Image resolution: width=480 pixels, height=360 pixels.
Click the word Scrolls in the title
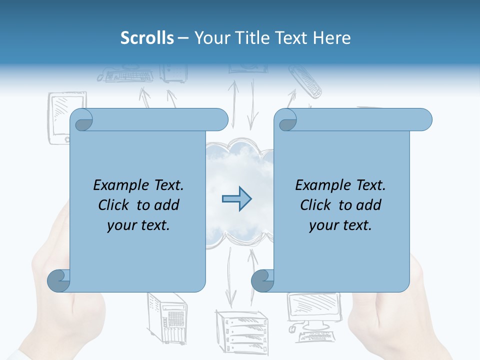click(x=147, y=38)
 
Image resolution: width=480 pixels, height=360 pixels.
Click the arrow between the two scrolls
click(x=236, y=199)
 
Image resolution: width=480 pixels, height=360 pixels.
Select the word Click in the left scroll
click(x=115, y=205)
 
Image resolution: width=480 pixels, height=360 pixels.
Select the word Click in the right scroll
click(x=317, y=205)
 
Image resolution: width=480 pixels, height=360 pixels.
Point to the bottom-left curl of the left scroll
click(x=58, y=280)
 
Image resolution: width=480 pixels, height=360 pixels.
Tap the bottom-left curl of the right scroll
click(x=262, y=280)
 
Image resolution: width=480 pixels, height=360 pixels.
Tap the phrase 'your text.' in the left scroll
click(x=138, y=225)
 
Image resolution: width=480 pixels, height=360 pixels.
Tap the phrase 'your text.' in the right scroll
click(x=340, y=225)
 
